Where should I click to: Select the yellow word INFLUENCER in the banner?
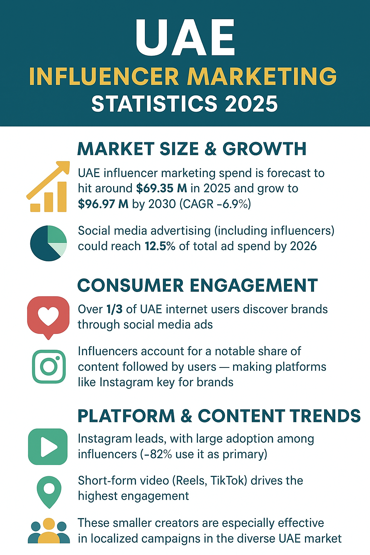click(x=104, y=77)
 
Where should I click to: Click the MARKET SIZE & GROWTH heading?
click(x=192, y=149)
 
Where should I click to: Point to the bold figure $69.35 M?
click(x=162, y=189)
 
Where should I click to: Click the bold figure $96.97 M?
click(x=103, y=204)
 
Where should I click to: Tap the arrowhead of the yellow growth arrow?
click(x=64, y=166)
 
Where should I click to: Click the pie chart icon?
click(x=48, y=243)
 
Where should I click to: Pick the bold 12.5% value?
click(x=160, y=246)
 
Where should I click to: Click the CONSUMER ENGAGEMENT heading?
click(x=198, y=285)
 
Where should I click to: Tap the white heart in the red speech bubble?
click(x=48, y=315)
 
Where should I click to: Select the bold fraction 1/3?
click(x=114, y=309)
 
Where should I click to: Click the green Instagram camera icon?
click(x=49, y=366)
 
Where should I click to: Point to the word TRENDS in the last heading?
click(x=324, y=416)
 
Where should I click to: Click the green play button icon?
click(x=48, y=447)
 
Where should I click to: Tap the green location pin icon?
click(x=49, y=491)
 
